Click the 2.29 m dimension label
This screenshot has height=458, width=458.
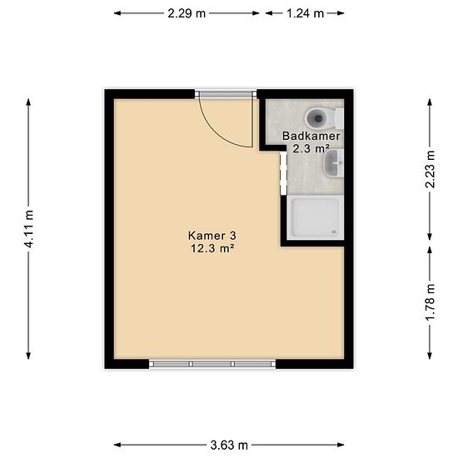coord(187,13)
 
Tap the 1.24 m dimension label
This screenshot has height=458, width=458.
coord(306,13)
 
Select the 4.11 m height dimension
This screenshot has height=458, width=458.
coord(29,229)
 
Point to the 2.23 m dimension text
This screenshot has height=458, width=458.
coord(430,169)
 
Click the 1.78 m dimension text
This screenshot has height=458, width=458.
coord(430,301)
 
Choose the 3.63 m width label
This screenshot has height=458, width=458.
coord(229,446)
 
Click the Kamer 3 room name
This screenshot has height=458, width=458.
coord(212,236)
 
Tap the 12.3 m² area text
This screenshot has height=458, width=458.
coord(212,249)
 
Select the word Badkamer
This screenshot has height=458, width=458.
coord(311,136)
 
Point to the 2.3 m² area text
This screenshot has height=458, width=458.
coord(311,149)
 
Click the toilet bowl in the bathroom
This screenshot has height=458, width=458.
coord(318,118)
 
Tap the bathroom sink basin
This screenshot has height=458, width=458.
coord(333,163)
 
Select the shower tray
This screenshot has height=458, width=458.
coord(316,217)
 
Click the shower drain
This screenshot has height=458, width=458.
coord(333,232)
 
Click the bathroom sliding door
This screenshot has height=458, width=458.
coord(283,173)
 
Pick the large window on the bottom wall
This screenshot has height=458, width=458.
coord(212,364)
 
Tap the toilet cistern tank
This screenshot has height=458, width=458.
coord(339,118)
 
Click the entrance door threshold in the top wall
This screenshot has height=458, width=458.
coord(226,94)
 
